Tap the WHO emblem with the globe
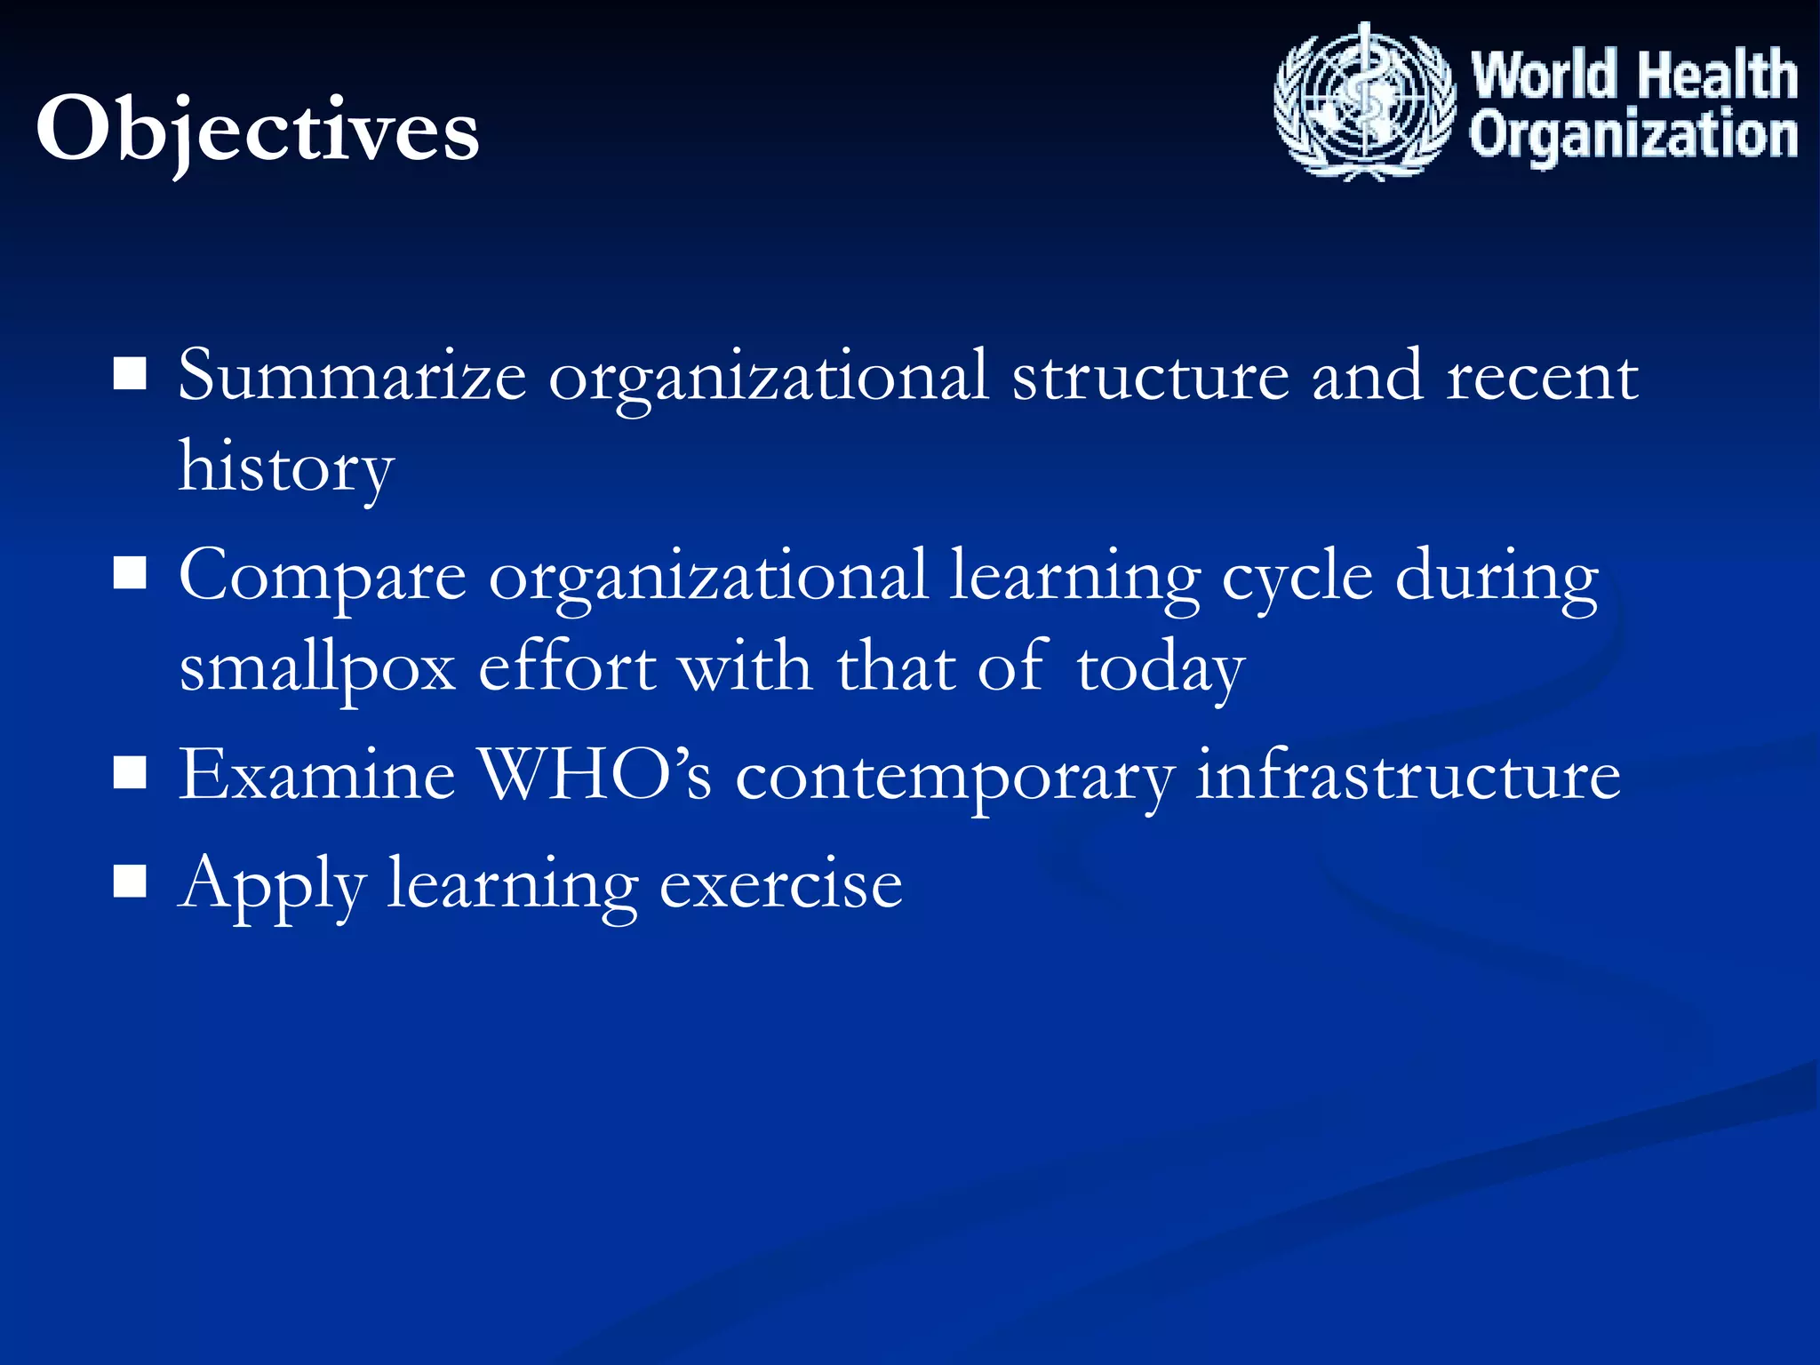tap(1364, 102)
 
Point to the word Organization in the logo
tap(1633, 135)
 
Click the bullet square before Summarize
tap(131, 375)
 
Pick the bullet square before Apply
tap(131, 882)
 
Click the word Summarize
tap(352, 377)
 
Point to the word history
tap(285, 468)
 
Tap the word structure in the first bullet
tap(1150, 377)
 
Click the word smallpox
tap(317, 669)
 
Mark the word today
tap(1160, 669)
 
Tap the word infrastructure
tap(1408, 775)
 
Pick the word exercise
tap(780, 885)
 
